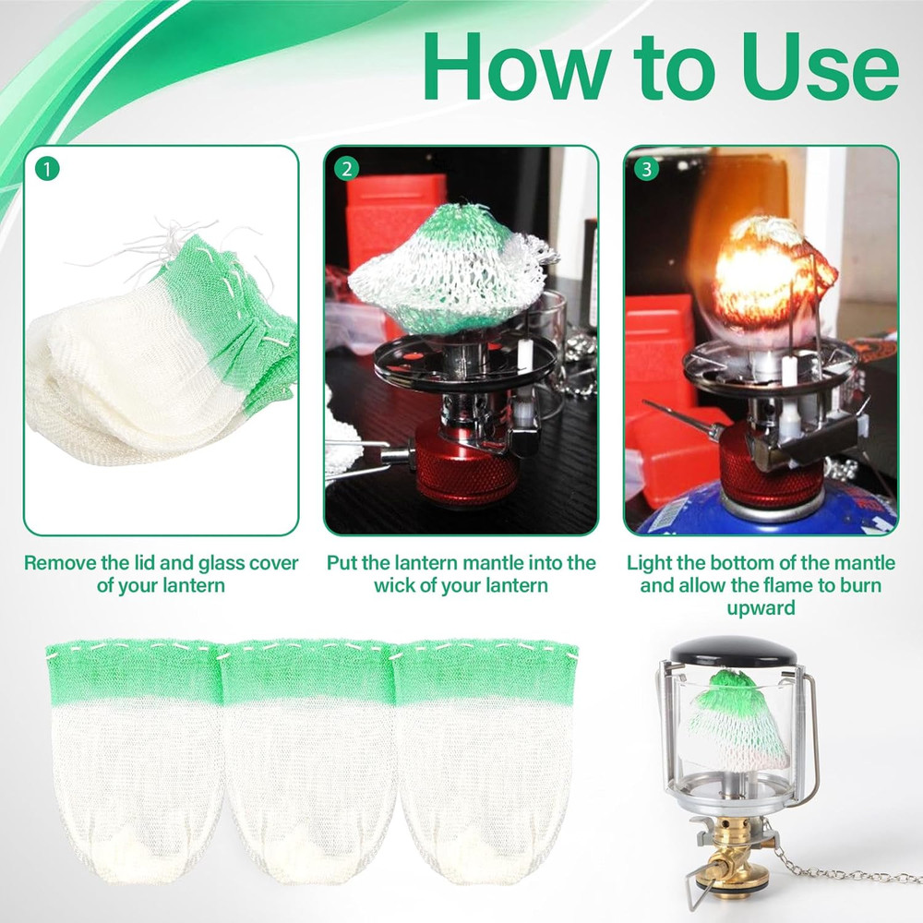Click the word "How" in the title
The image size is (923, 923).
503,66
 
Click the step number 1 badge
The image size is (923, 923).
47,169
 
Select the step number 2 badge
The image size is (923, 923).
347,169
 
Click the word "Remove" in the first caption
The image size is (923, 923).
61,562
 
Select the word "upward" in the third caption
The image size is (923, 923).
760,608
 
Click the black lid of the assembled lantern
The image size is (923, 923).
734,653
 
